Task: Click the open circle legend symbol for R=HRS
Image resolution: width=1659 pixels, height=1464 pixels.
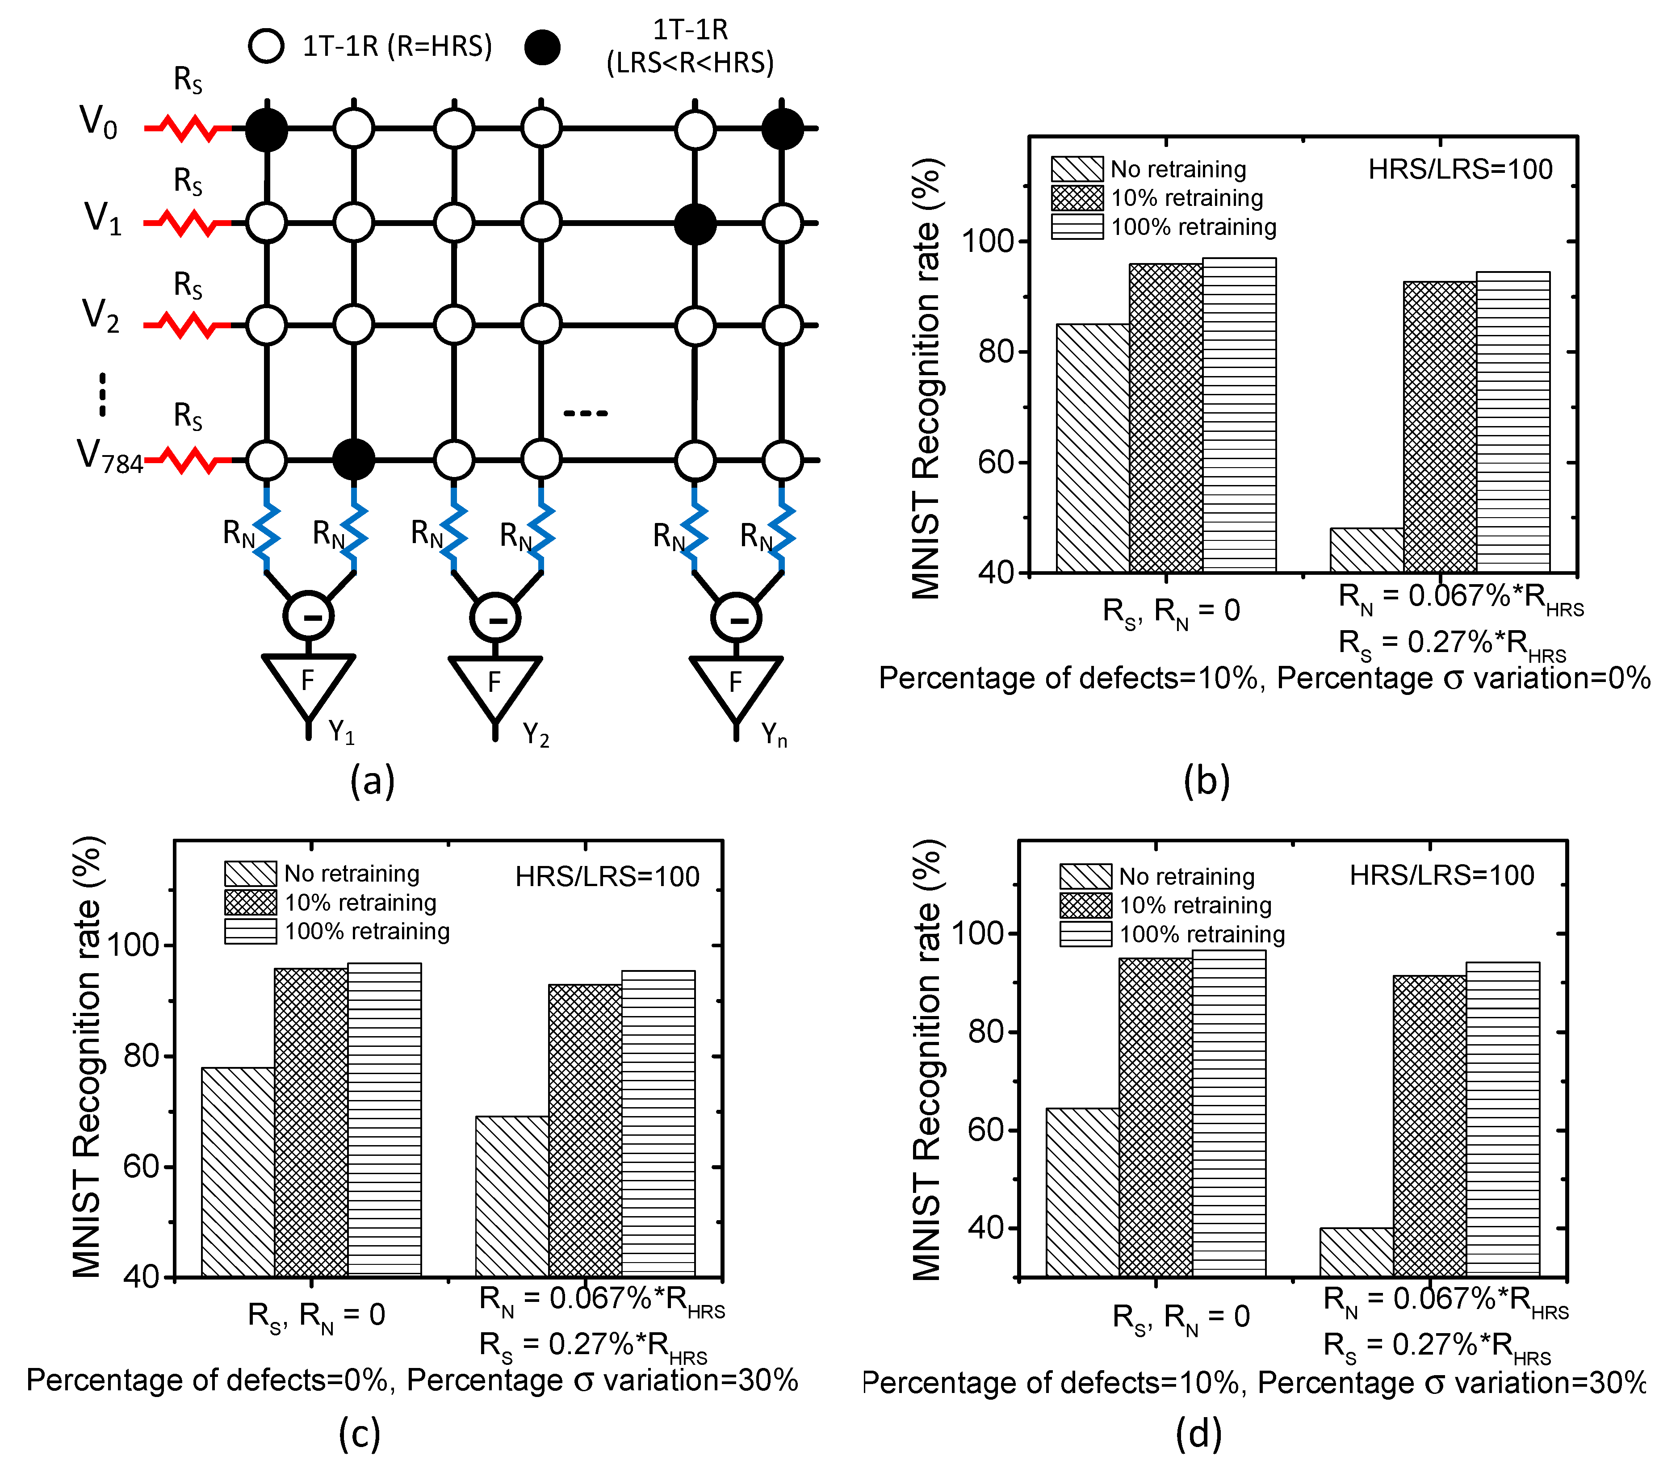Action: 266,46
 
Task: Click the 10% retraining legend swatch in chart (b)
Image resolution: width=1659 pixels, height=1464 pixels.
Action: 1077,198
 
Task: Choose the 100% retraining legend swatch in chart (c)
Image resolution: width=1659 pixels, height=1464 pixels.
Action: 251,932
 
